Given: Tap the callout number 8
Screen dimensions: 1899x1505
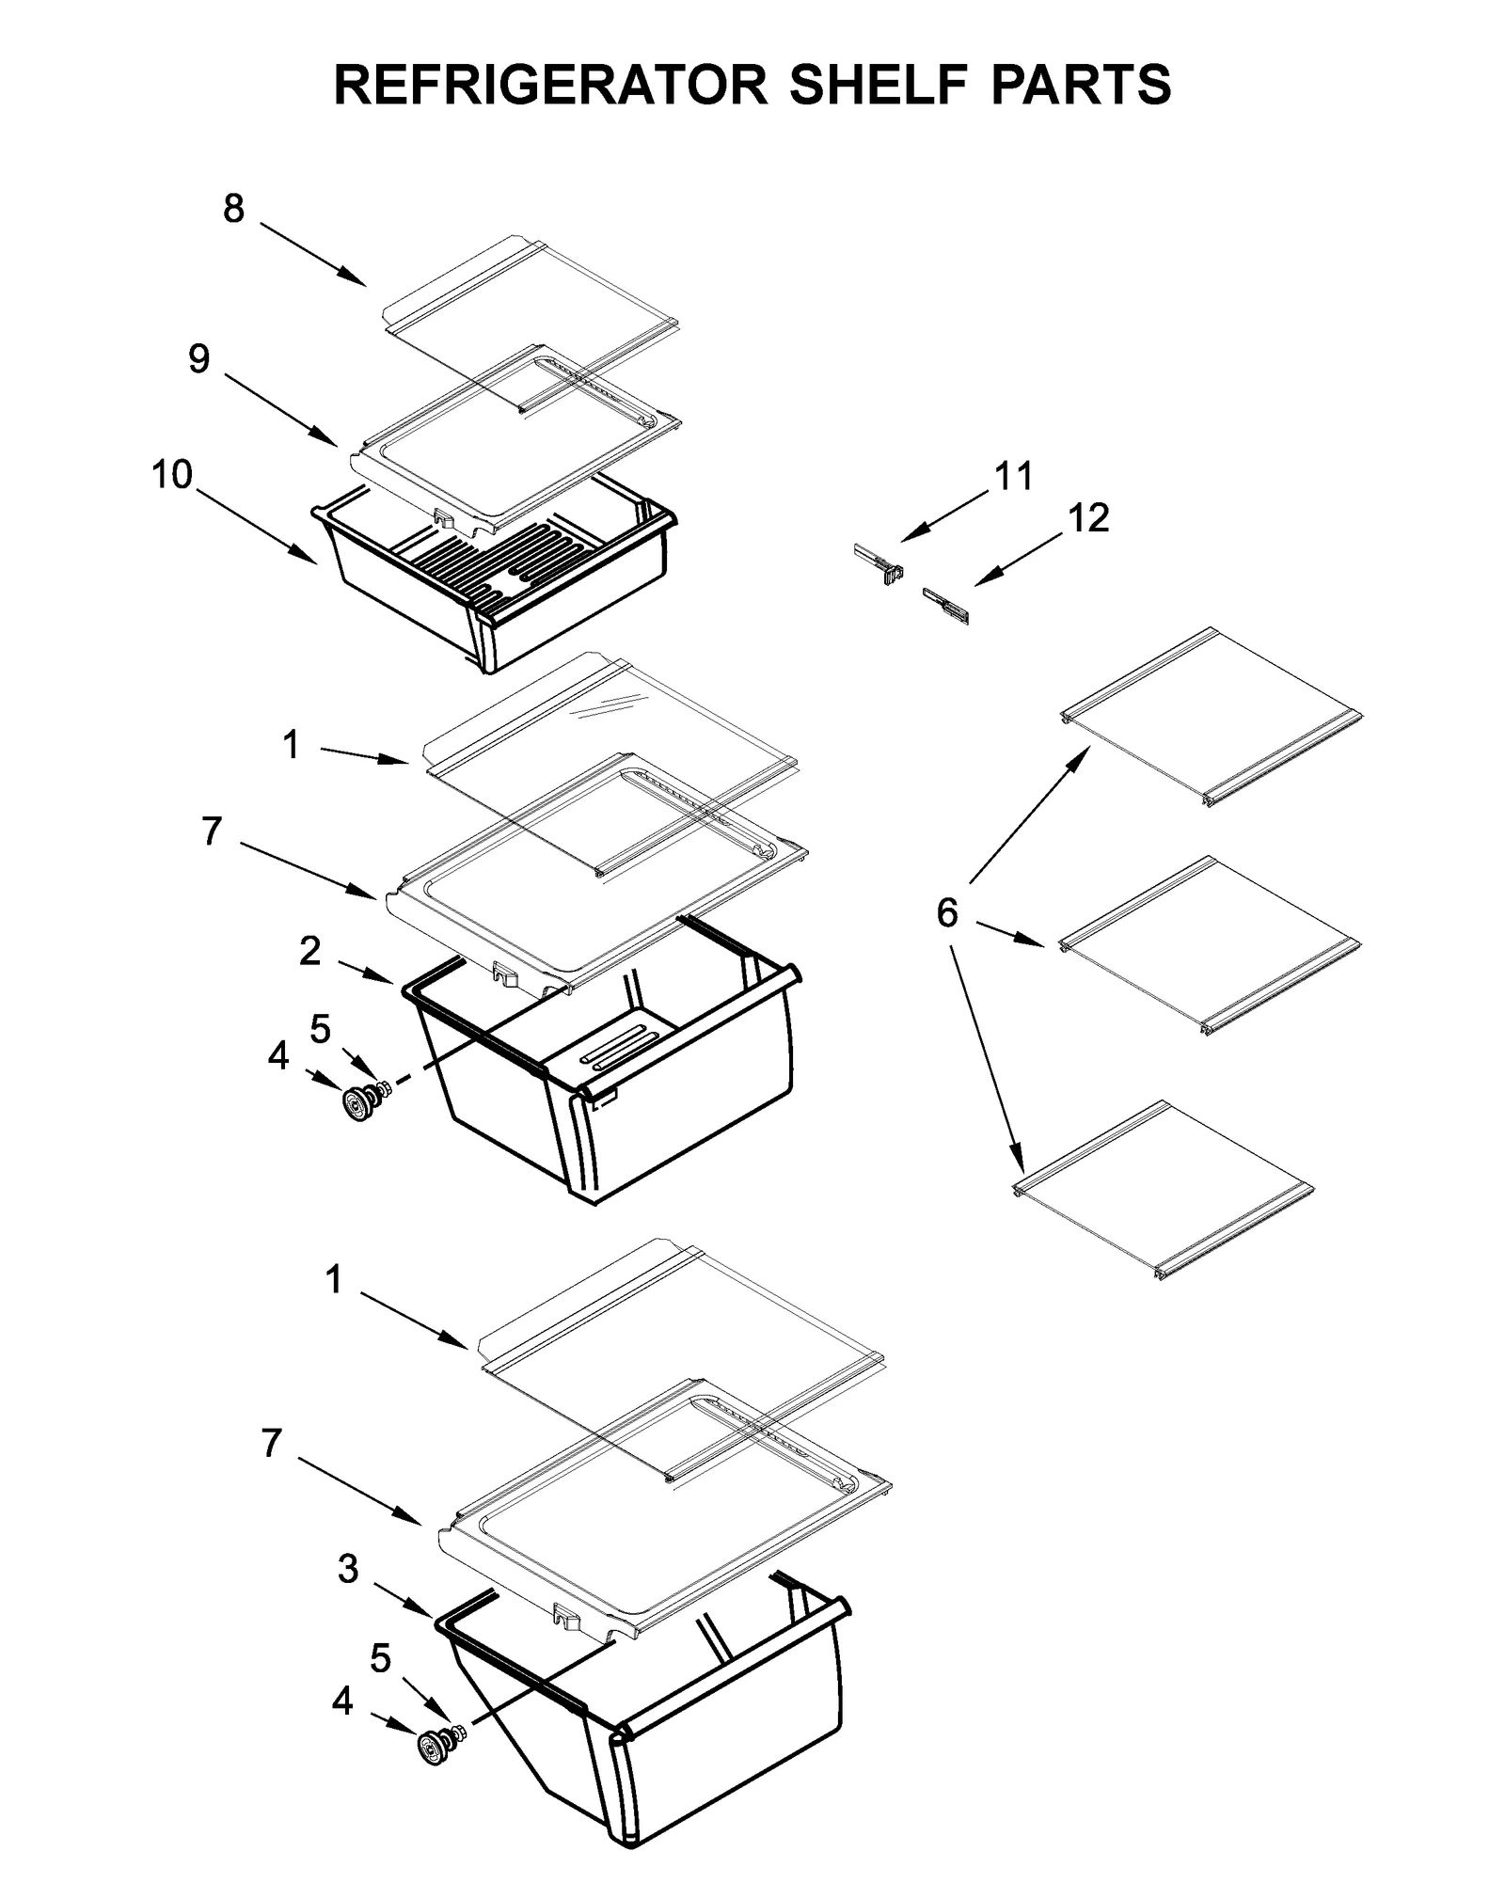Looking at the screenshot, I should (233, 209).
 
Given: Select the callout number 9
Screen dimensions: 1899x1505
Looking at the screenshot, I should (198, 358).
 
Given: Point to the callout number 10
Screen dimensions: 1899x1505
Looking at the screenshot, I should (172, 475).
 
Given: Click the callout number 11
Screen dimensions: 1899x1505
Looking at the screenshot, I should (1014, 477).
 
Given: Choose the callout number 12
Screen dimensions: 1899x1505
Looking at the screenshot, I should (1088, 518).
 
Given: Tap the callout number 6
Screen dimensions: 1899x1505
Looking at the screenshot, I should (946, 911).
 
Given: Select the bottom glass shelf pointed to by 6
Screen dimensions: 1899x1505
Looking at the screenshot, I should (1166, 1190).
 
